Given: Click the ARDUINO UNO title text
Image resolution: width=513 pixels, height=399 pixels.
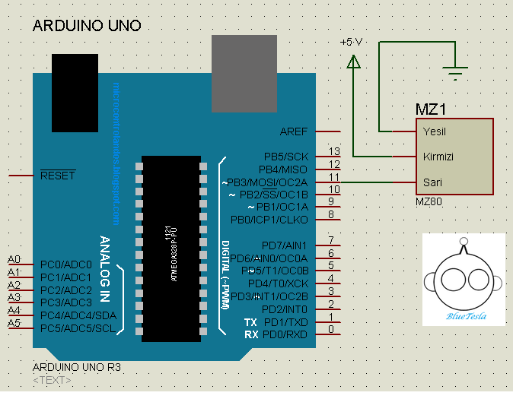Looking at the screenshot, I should point(87,26).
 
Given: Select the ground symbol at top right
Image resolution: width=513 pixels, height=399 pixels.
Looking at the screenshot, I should point(456,74).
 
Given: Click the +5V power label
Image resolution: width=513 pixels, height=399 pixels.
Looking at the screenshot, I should point(352,42).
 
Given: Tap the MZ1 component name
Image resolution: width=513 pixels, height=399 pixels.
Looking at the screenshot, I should point(430,109).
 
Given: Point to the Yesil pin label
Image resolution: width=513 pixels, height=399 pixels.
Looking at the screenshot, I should point(435,131).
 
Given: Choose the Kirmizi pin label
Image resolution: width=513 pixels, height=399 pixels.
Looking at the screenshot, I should point(438,157).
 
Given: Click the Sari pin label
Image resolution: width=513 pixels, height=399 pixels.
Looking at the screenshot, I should point(432,182).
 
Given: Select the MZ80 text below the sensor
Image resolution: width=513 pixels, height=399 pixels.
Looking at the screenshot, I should point(429,203).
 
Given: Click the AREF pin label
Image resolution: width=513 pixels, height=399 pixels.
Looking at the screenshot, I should point(294,131).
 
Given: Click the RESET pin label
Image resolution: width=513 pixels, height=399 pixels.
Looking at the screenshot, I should point(58,176).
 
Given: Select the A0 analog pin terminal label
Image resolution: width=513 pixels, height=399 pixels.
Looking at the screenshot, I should point(14,259).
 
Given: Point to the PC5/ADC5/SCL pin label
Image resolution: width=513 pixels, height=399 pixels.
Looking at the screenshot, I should point(78,328).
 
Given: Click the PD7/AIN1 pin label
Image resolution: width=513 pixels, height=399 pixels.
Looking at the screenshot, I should point(284,245).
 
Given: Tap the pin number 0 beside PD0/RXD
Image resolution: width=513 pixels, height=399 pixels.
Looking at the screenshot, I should point(331,329).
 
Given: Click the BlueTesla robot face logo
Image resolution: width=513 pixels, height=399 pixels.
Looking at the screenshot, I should point(464,279).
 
